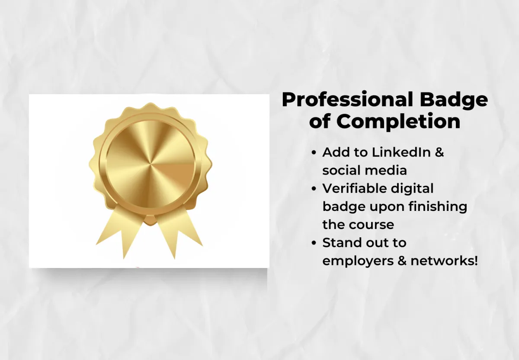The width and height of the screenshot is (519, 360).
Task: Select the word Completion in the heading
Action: click(398, 122)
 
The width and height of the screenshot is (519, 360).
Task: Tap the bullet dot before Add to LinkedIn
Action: click(314, 153)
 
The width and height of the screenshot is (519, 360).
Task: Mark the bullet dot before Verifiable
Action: click(314, 189)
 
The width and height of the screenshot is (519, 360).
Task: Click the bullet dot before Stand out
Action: click(314, 244)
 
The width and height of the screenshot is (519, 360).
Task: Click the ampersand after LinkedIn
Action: click(439, 152)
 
